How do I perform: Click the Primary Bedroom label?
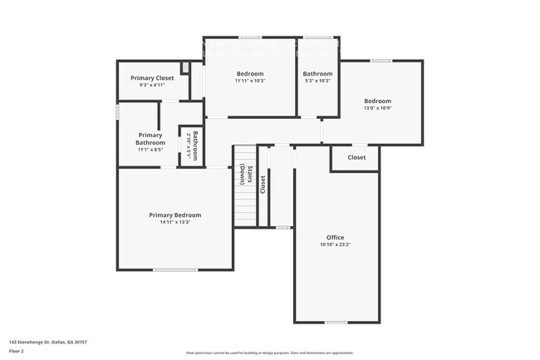tap(174, 215)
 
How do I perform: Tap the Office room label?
tap(335, 238)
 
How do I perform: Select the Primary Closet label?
tap(152, 78)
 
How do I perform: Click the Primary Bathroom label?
tap(150, 138)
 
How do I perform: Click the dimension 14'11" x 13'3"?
tap(174, 222)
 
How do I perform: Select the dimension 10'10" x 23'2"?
tap(335, 244)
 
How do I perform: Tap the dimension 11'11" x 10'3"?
tap(250, 81)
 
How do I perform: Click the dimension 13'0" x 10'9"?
tap(377, 108)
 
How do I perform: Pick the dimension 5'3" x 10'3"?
tap(317, 81)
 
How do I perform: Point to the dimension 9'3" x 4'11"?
tap(152, 85)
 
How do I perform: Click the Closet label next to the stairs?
tap(263, 185)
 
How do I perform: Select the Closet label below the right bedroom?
tap(356, 157)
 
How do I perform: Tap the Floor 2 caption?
tap(17, 351)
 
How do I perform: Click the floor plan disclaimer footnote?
tap(269, 353)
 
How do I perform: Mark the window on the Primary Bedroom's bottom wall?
tap(174, 269)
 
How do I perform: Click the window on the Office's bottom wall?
tap(336, 323)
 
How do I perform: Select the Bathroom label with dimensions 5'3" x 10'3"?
tap(317, 73)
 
